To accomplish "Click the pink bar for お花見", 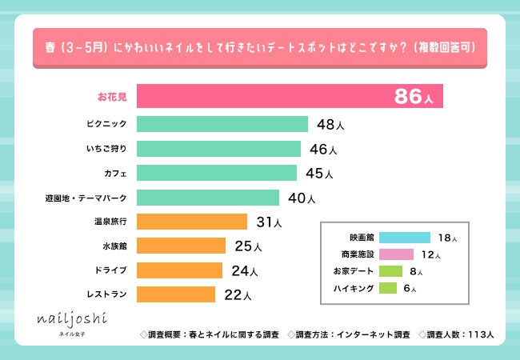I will (x=264, y=96).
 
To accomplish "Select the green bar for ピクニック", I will (x=222, y=124).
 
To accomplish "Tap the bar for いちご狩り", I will (x=218, y=149).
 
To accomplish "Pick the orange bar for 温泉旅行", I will (x=192, y=221).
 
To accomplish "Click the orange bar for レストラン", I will (x=176, y=294).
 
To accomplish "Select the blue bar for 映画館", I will (x=404, y=238).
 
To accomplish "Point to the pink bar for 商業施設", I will (x=396, y=254).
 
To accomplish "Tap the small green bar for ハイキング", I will (x=388, y=288).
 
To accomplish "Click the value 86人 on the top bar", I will (x=414, y=98).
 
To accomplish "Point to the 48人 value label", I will (x=330, y=125).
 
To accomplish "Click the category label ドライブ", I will (x=111, y=270).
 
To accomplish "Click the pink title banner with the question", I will (x=260, y=46).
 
